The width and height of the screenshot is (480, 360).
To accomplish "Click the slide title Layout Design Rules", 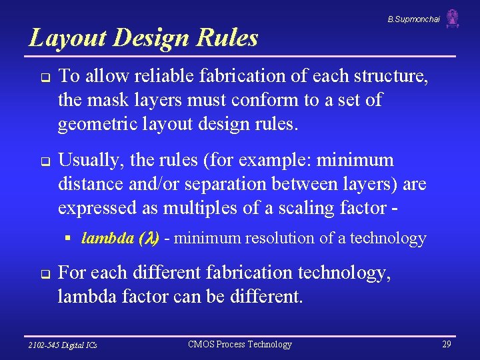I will point(143,38).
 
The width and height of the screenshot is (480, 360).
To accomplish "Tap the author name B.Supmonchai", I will point(413,19).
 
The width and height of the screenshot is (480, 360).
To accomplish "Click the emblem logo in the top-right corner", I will point(453,19).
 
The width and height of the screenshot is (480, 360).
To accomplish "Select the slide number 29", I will point(447,344).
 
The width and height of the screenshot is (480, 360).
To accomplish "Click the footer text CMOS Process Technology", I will point(240,344).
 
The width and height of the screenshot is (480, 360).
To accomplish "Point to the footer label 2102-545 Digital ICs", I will point(63,345).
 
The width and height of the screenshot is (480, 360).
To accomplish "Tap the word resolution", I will point(281,238).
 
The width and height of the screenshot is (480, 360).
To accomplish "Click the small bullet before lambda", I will point(68,238).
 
